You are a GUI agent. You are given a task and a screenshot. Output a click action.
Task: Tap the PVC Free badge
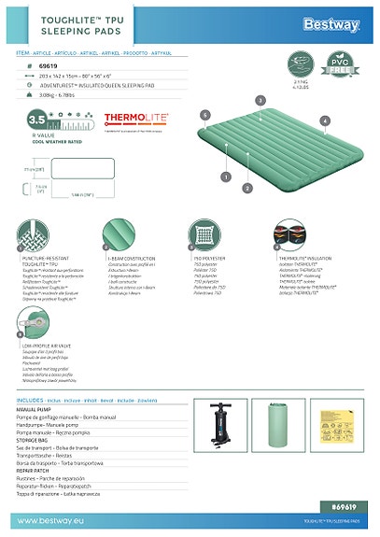click(x=344, y=70)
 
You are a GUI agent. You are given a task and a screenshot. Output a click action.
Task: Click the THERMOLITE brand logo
click(x=135, y=119)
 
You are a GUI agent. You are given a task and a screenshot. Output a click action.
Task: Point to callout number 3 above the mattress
click(x=260, y=99)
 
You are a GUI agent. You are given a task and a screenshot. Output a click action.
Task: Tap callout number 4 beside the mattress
click(x=324, y=120)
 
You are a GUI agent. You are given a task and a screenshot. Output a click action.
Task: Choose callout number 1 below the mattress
click(x=225, y=175)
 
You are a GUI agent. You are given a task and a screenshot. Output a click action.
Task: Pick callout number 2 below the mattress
click(x=246, y=188)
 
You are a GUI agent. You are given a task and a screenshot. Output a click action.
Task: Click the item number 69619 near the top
click(x=47, y=67)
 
